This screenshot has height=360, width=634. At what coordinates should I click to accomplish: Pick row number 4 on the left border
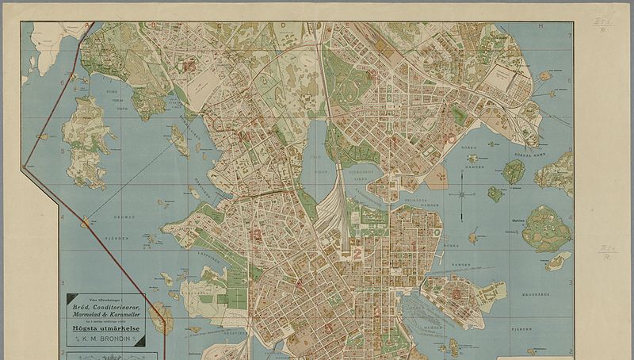click(62, 216)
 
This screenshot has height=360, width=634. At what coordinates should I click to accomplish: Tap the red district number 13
click(255, 234)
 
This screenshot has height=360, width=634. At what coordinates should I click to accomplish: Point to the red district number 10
click(451, 139)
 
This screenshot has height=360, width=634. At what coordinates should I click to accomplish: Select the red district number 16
click(189, 67)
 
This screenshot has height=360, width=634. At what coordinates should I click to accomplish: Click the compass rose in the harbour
click(462, 193)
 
